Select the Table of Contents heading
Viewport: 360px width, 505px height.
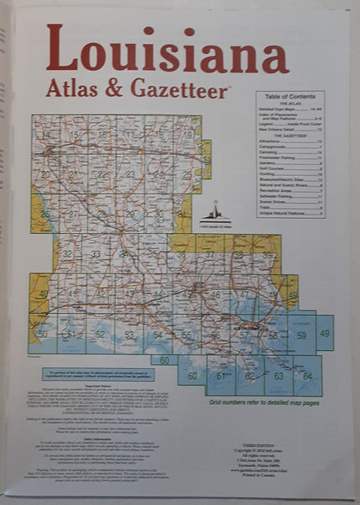(290, 98)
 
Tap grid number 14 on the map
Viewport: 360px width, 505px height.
(50, 134)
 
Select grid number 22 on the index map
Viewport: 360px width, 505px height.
(103, 174)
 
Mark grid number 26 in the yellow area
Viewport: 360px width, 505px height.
(45, 214)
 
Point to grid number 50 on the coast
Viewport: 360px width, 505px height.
(42, 334)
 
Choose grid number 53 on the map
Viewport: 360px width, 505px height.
(129, 335)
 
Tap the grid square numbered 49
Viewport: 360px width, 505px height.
(325, 334)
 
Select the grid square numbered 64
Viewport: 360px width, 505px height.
(307, 375)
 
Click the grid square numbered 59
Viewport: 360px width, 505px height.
(301, 335)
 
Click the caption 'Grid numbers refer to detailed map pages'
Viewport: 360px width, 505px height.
(258, 402)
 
